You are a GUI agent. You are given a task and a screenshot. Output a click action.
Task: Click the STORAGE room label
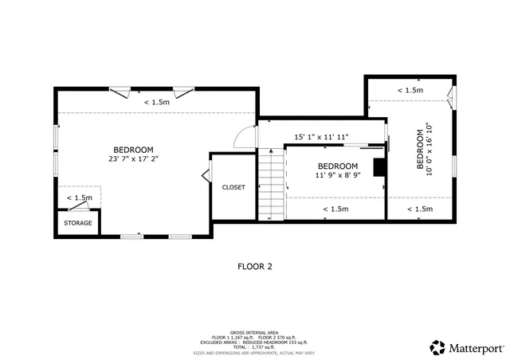[x=78, y=223]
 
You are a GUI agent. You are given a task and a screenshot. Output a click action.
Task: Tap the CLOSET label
[x=233, y=187]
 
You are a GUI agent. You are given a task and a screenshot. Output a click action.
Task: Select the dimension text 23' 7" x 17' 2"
[x=133, y=159]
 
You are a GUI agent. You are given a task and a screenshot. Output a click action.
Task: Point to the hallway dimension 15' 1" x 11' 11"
[x=321, y=136]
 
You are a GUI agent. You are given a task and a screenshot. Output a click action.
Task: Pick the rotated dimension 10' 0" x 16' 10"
[x=431, y=150]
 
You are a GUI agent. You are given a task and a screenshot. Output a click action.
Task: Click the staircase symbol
[x=270, y=184]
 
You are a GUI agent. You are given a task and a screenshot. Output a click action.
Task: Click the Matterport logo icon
[x=437, y=347]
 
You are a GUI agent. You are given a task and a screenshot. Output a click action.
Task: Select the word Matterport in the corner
[x=476, y=347]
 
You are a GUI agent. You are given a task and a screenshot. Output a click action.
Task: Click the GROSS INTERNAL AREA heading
[x=254, y=331]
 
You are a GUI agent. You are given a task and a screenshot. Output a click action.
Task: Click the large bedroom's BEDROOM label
[x=133, y=150]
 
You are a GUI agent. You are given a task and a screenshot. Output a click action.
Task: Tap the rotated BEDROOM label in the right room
[x=421, y=150]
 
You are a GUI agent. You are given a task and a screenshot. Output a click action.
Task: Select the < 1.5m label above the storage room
[x=79, y=198]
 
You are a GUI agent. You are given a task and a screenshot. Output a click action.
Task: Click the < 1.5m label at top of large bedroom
[x=156, y=102]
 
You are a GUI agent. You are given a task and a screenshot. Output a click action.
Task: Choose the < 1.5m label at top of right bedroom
[x=410, y=91]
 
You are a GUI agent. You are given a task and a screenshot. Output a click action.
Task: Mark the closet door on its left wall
[x=206, y=174]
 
